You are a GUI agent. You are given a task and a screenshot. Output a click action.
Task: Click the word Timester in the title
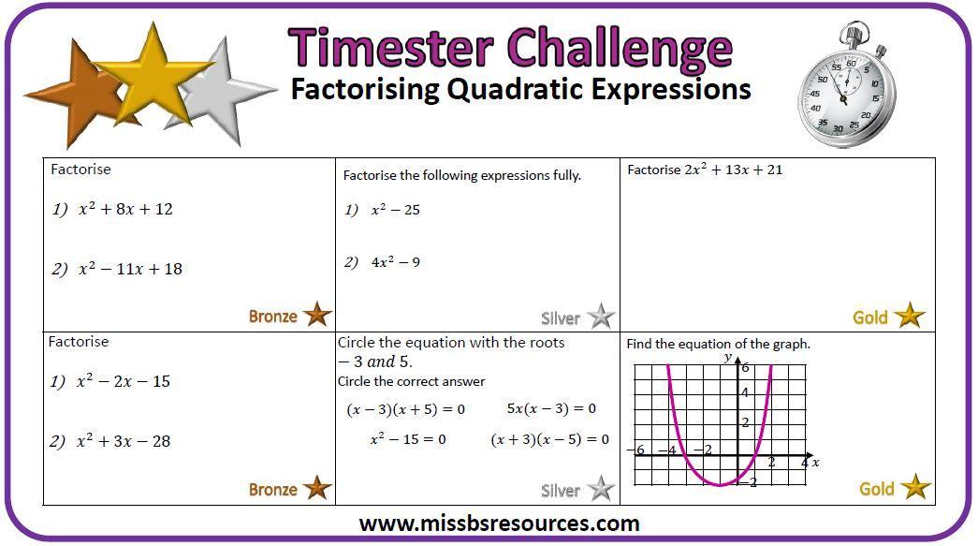coord(391,48)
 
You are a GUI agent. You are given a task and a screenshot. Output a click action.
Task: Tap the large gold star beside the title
coord(152,75)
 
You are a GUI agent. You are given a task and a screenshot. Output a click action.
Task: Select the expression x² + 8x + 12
coord(125,209)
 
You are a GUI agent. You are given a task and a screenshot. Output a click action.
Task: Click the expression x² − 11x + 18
coord(130,269)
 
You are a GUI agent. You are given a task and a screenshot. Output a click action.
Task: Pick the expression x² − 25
coord(396,210)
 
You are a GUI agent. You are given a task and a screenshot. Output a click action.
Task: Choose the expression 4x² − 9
coord(396,262)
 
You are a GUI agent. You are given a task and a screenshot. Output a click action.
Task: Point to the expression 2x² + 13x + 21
coord(733,170)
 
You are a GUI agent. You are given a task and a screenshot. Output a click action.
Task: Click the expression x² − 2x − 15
coord(123,381)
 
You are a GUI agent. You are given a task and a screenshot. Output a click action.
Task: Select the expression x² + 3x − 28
coord(123,441)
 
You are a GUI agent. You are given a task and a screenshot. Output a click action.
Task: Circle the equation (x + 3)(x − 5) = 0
coord(549,439)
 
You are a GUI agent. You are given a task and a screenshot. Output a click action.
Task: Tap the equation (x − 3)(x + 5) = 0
coord(405,409)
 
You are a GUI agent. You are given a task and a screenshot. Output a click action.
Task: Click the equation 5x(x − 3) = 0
coord(551,408)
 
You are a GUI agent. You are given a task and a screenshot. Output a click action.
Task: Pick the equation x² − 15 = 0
coord(408,438)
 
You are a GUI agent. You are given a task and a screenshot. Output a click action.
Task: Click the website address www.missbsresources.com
coord(499,523)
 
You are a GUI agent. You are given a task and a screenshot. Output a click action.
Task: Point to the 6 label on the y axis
coord(745,367)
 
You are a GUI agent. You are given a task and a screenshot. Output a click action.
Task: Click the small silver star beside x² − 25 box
coord(601,317)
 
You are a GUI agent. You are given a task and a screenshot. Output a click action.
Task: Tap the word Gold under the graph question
coord(876,489)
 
